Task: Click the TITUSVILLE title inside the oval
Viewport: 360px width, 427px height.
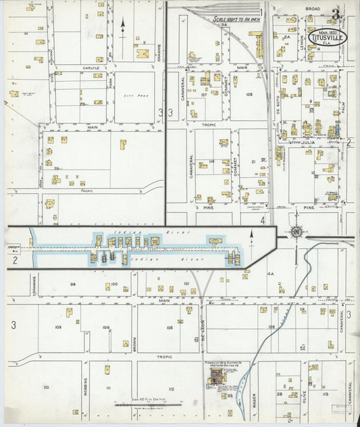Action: pyautogui.click(x=328, y=38)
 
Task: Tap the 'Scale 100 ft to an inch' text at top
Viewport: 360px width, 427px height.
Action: pyautogui.click(x=236, y=21)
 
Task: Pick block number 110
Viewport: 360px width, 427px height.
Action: pyautogui.click(x=46, y=387)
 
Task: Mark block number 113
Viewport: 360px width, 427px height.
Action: pyautogui.click(x=325, y=393)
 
